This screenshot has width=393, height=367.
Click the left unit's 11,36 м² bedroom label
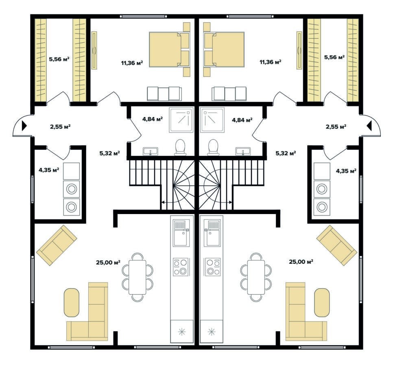tap(132, 62)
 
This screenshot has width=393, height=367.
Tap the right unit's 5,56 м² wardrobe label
tap(334, 57)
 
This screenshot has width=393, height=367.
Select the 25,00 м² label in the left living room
tap(108, 262)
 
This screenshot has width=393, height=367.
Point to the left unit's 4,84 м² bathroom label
tap(153, 119)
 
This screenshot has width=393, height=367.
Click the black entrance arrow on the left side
tap(24, 126)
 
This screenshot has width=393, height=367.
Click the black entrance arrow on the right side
tap(369, 126)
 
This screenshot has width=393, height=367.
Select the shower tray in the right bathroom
tap(212, 120)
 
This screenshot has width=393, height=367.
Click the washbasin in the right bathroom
tap(243, 151)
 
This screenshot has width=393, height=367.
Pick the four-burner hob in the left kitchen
tap(181, 267)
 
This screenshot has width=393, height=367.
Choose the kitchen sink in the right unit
tap(212, 233)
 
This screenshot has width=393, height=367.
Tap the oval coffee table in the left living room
tap(72, 303)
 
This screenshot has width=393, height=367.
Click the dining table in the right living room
tap(256, 277)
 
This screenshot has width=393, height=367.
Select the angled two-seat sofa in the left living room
tap(57, 245)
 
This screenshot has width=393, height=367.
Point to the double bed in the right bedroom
tap(224, 49)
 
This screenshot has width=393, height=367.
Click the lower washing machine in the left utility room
tap(72, 207)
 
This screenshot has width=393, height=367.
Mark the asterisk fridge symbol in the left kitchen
tap(182, 332)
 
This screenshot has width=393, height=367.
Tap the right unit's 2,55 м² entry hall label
tap(336, 126)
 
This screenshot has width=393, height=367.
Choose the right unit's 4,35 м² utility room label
tap(346, 171)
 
